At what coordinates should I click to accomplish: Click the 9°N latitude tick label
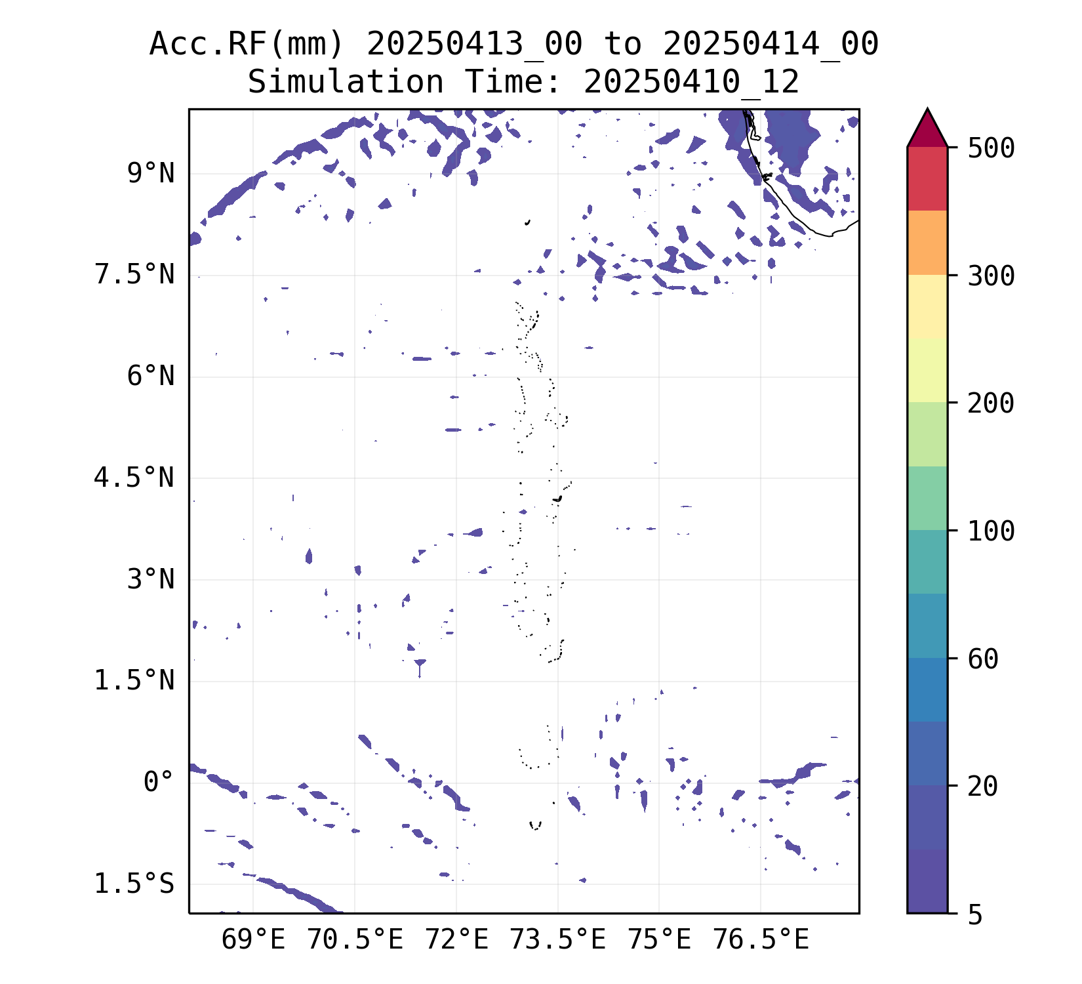[151, 174]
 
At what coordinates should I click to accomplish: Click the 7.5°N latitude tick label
[135, 275]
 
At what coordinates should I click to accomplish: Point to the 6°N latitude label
[151, 377]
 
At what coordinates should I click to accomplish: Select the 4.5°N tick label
[135, 478]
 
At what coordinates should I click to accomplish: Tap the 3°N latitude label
[151, 580]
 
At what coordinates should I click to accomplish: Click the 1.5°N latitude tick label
[135, 681]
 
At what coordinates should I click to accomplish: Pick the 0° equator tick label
[159, 782]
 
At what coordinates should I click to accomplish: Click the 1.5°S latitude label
[135, 884]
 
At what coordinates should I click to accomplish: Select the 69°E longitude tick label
[253, 940]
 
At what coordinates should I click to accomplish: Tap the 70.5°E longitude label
[355, 940]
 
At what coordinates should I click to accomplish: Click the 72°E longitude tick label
[457, 940]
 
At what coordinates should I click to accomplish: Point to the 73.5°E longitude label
[558, 940]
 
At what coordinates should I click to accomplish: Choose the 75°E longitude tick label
[660, 940]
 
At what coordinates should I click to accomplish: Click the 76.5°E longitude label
[761, 940]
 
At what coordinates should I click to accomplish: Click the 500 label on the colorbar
[991, 148]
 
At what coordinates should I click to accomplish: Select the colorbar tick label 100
[991, 531]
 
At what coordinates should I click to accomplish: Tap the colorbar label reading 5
[975, 914]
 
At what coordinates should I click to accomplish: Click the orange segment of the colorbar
[927, 242]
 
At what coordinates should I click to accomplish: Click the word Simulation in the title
[346, 83]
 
